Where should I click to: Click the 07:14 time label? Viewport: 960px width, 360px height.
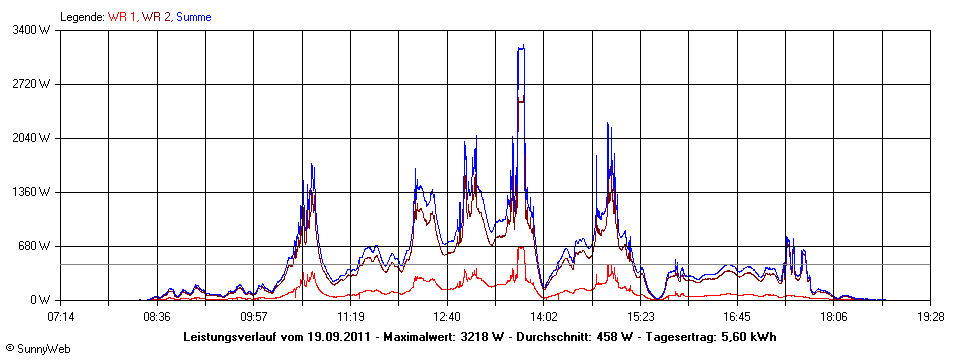coord(60,316)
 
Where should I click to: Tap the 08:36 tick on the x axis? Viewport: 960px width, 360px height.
coord(157,316)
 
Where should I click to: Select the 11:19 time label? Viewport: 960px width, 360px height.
coord(351,316)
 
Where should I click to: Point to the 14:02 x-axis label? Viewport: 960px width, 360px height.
coord(544,316)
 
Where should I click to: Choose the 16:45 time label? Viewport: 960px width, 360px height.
coord(738,316)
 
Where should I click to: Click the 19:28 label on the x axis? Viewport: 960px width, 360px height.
coord(931,316)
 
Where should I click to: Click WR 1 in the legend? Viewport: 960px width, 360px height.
coord(122,17)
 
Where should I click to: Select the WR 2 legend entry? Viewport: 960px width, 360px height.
coord(155,17)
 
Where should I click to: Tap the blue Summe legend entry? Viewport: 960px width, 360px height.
coord(193,17)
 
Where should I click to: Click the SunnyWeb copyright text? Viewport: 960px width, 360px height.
coord(37,347)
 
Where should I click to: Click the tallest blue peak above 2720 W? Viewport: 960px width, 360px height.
coord(521,47)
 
